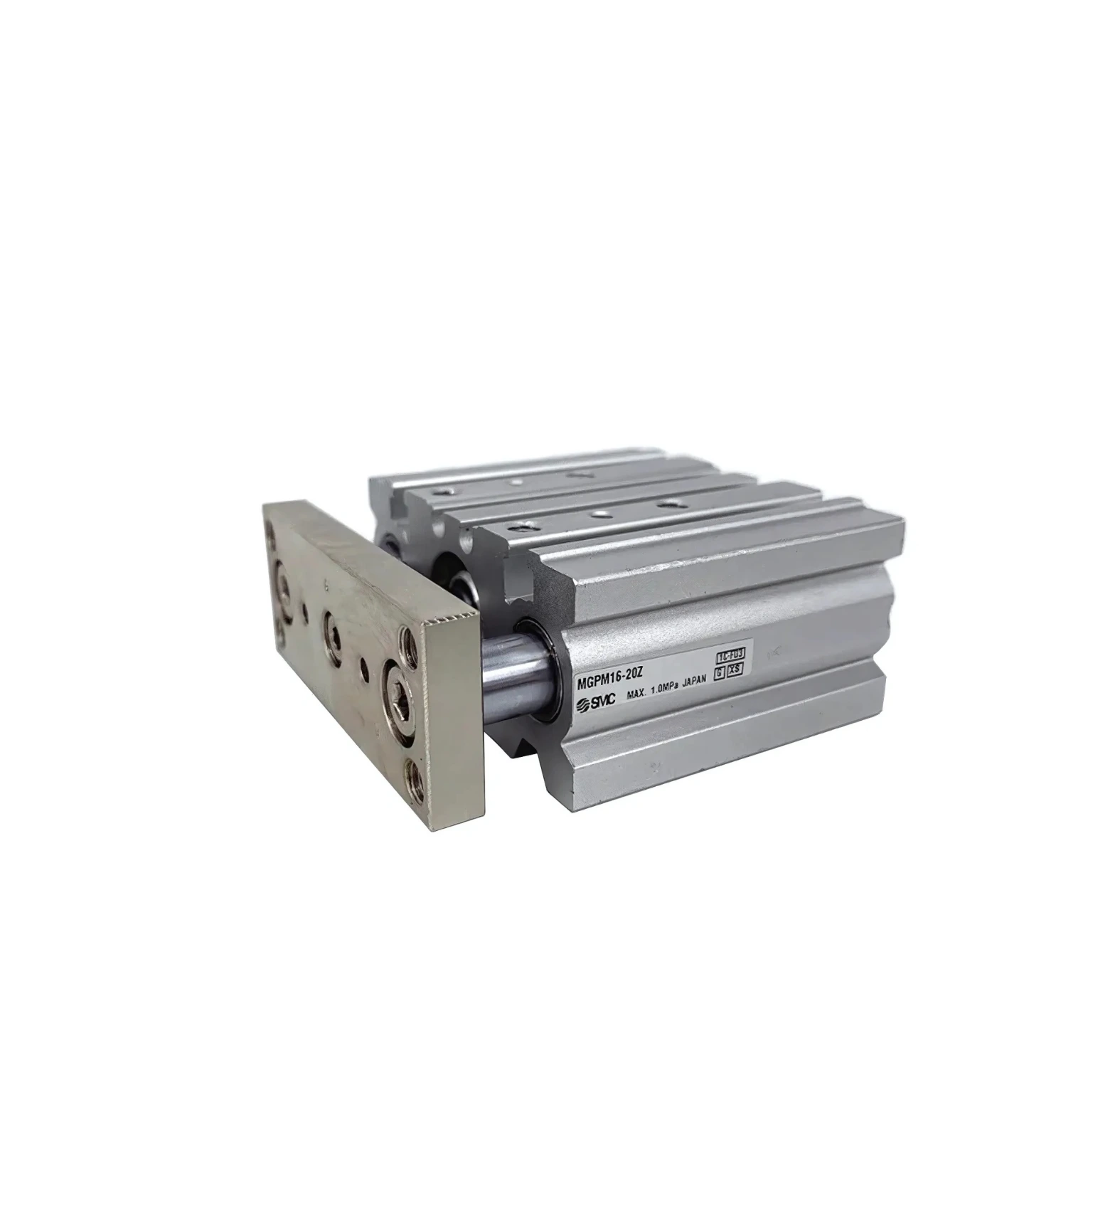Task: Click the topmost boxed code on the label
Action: pyautogui.click(x=727, y=653)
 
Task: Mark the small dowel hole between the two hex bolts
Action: pyautogui.click(x=366, y=667)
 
